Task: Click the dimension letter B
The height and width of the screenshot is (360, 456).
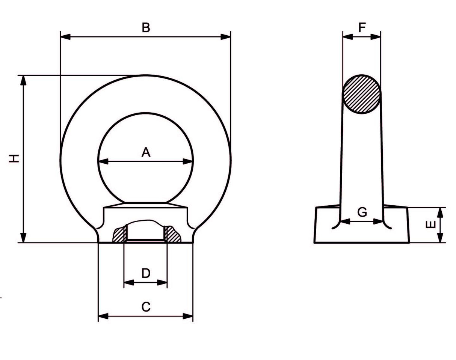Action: tap(146, 27)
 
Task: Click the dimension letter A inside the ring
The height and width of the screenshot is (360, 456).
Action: tap(146, 152)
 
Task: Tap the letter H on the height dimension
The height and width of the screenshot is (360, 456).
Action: tap(14, 158)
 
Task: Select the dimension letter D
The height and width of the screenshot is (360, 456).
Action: tap(146, 273)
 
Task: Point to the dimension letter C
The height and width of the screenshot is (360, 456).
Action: tap(146, 307)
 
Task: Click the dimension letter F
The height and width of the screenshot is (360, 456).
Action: tap(362, 27)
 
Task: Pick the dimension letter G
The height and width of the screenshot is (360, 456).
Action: tap(362, 212)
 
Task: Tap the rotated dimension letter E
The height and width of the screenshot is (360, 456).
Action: tap(430, 224)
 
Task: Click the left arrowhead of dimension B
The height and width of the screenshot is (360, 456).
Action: tap(65, 37)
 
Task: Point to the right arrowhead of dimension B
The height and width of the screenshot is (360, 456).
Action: tap(225, 37)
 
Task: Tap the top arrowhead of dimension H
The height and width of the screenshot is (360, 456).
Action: tap(23, 80)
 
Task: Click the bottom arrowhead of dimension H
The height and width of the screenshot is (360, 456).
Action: tap(23, 238)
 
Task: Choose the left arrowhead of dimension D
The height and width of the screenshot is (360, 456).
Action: tap(129, 283)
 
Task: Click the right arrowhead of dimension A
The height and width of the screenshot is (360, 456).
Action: tap(188, 161)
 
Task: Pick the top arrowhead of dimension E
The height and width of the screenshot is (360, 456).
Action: tap(440, 213)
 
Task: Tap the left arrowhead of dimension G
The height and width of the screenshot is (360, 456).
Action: tap(345, 222)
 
